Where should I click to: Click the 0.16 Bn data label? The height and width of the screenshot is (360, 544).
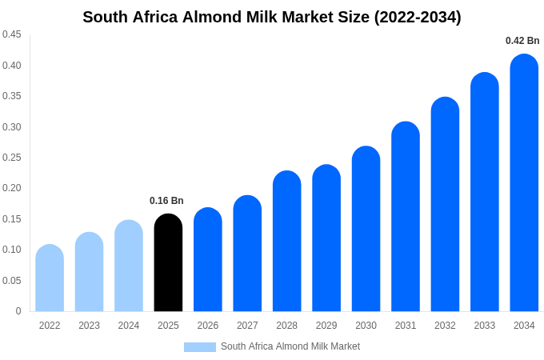[x=166, y=201]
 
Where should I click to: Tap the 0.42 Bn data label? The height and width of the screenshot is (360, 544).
[x=522, y=41]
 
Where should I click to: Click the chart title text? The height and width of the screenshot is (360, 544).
[x=272, y=17]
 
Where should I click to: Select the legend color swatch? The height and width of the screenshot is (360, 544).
[x=200, y=347]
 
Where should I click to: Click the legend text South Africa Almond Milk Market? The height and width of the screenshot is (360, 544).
[x=290, y=346]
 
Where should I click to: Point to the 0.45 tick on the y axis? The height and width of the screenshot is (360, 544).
[x=12, y=34]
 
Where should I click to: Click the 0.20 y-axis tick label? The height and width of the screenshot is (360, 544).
[x=12, y=188]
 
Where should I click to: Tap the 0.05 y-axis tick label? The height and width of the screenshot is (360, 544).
[x=12, y=281]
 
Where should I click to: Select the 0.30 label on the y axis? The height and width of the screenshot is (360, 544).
[x=12, y=127]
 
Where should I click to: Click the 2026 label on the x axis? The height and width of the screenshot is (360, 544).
[x=208, y=326]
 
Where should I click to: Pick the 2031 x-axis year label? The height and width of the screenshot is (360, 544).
[x=406, y=326]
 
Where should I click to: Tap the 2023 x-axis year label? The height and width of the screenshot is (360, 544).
[x=89, y=326]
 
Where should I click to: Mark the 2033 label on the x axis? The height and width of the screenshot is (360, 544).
[x=485, y=326]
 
